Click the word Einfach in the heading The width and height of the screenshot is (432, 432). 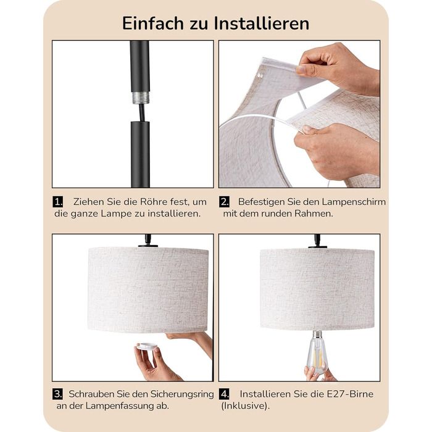click(x=153, y=23)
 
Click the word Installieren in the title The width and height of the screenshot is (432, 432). click(x=262, y=23)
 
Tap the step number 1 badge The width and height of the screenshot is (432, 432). click(x=57, y=202)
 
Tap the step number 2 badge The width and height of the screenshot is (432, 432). click(x=224, y=202)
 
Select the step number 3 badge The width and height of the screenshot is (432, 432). click(x=57, y=394)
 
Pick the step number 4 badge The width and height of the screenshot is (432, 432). click(x=224, y=394)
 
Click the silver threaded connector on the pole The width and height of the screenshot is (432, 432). click(x=141, y=98)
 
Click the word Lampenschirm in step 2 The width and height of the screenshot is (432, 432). click(x=354, y=202)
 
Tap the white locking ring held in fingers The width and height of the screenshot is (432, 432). click(x=147, y=346)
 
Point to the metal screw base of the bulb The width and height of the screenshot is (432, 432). click(x=317, y=334)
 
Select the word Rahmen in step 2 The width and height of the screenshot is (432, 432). click(x=314, y=214)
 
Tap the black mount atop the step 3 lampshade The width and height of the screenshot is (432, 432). click(x=148, y=241)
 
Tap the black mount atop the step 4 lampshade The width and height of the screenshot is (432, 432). click(x=317, y=242)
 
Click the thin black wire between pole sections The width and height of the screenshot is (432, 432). click(x=142, y=113)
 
